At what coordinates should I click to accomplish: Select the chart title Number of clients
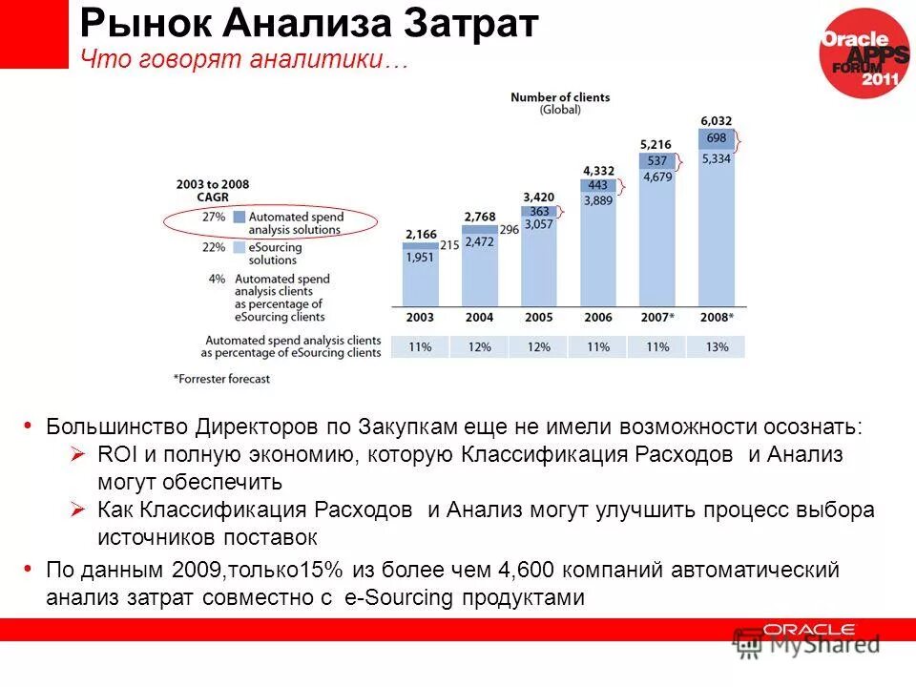[560, 97]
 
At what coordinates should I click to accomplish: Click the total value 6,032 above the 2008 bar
[717, 121]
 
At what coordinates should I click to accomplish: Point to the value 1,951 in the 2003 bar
[420, 258]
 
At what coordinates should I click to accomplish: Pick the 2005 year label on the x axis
[538, 317]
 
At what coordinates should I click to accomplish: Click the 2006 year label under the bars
[597, 317]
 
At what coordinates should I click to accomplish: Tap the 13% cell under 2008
[717, 347]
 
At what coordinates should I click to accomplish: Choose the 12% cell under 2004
[479, 347]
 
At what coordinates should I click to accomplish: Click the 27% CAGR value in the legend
[214, 217]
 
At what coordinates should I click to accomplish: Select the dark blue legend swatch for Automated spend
[239, 217]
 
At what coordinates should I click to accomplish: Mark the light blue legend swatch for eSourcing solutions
[239, 247]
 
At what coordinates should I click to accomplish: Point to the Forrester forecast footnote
[221, 379]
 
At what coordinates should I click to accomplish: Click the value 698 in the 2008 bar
[717, 138]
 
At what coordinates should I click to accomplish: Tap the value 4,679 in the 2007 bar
[656, 177]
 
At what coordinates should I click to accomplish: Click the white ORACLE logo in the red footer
[809, 630]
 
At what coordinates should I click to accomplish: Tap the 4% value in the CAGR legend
[217, 279]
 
